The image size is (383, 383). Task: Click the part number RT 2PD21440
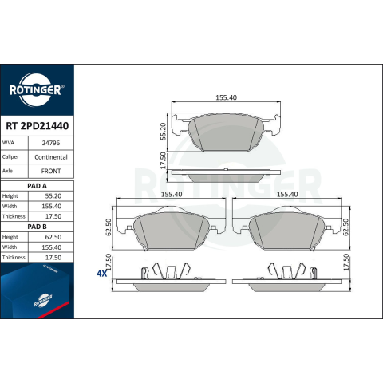coord(38,126)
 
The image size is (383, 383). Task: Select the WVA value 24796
coord(51,143)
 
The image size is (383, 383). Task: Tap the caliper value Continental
coord(51,157)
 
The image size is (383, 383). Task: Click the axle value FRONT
coord(51,171)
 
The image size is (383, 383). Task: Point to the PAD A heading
coord(37,186)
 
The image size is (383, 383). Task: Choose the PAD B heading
coord(37,227)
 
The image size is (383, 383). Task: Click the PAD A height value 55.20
coord(53,196)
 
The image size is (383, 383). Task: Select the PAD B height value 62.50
coord(53,237)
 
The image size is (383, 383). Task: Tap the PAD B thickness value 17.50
coord(53,258)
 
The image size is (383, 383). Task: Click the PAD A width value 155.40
coord(52,206)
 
